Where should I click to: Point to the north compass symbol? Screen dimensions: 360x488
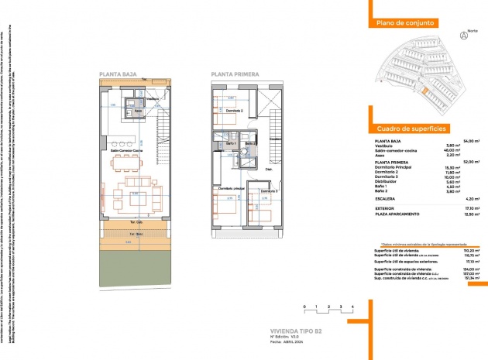(464, 36)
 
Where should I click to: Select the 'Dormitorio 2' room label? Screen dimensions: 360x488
(235, 111)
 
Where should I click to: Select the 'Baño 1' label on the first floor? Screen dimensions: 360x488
(230, 144)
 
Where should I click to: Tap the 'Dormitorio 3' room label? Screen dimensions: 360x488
(268, 190)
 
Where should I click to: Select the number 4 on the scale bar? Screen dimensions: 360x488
(352, 307)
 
